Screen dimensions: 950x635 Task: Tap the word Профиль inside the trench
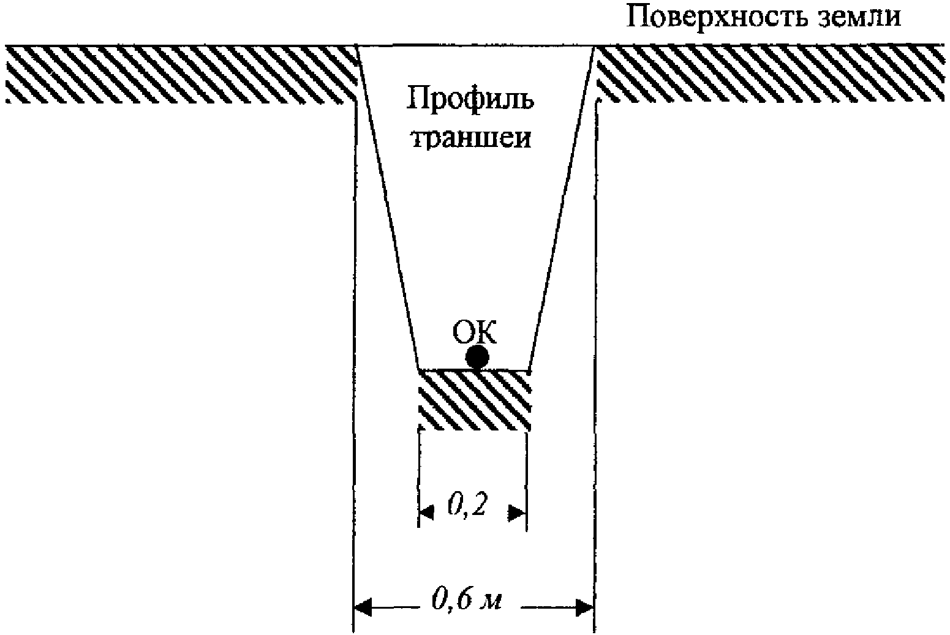point(470,98)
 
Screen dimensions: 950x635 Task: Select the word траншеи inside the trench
point(470,138)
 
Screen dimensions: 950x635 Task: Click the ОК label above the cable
point(474,334)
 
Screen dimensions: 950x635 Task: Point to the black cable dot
point(477,357)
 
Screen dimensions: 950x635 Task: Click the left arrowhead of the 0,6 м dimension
point(363,607)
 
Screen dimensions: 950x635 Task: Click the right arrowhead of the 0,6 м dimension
point(585,607)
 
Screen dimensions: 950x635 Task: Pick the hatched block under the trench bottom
point(473,399)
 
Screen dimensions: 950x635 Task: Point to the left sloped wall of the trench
point(387,208)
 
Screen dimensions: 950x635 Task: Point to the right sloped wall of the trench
point(561,208)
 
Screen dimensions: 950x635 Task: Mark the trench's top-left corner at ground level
point(358,46)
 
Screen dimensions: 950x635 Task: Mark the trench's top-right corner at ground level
point(594,46)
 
